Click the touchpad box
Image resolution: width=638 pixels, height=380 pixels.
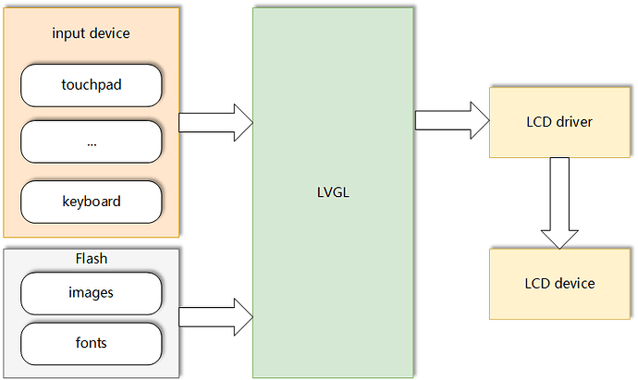coord(92,86)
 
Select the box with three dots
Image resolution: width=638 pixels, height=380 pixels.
coord(92,143)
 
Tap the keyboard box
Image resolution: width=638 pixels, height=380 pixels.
coord(92,201)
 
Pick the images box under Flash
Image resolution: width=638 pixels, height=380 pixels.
coord(92,293)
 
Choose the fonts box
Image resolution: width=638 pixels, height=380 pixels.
coord(92,343)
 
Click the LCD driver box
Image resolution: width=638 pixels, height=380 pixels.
coord(558,121)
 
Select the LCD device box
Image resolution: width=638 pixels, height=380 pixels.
coord(558,283)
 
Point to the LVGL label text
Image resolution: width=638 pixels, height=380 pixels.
coord(332,193)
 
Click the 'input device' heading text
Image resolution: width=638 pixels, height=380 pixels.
coord(92,33)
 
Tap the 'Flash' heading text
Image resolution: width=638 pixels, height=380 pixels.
coord(92,258)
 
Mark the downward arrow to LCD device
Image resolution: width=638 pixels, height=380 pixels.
coord(558,202)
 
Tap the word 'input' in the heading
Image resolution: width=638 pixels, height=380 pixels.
coord(70,33)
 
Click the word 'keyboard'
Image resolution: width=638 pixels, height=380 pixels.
coord(92,201)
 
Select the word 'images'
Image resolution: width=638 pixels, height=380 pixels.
coord(92,293)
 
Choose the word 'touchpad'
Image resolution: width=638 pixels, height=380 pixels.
coord(92,86)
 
